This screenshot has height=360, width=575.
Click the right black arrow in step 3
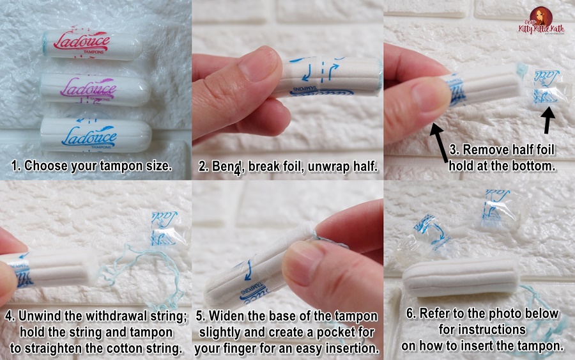coord(548,121)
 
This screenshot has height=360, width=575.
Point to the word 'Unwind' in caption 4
coord(42,317)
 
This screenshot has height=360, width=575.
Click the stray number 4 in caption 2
coord(237,170)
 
